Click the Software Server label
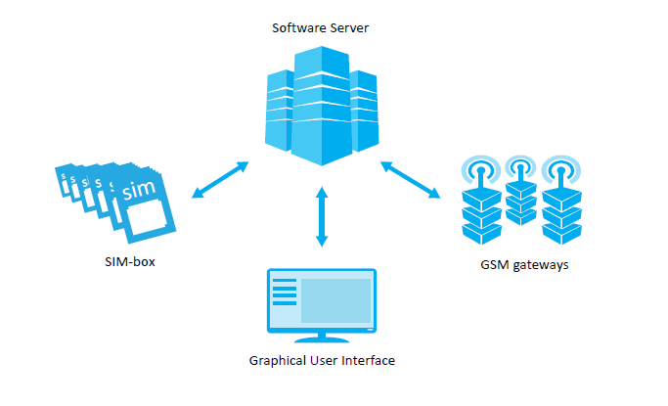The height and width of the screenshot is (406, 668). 320,27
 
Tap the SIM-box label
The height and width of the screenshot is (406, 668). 129,261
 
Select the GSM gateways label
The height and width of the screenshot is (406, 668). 525,264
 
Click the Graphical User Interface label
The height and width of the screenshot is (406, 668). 322,361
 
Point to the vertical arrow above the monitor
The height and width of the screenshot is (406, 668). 320,218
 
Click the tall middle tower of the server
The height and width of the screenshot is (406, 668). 320,108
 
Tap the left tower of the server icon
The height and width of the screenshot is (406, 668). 282,113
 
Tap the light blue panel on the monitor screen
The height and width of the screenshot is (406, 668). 335,301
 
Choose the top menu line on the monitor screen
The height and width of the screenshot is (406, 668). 284,283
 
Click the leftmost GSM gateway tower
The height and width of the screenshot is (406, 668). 480,211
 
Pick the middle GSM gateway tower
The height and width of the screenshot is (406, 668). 520,201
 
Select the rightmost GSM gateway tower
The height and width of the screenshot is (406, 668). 561,211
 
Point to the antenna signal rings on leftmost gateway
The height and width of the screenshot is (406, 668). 480,169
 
